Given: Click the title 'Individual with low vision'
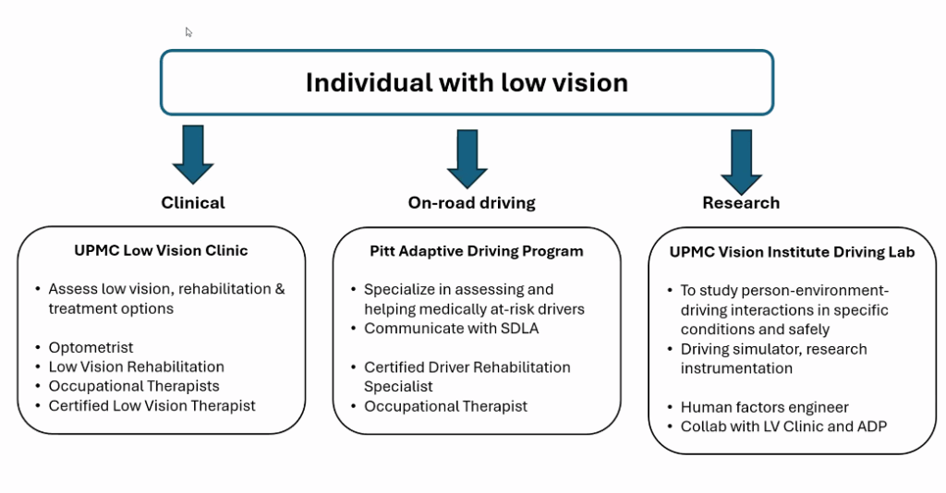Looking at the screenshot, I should pyautogui.click(x=467, y=82).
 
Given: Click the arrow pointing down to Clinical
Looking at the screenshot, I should pyautogui.click(x=193, y=156).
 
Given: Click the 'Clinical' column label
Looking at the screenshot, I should pyautogui.click(x=193, y=202).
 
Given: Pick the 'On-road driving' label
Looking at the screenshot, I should pyautogui.click(x=471, y=202).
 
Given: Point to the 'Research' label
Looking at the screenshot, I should pyautogui.click(x=741, y=202).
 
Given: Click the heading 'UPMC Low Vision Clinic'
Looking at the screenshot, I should pyautogui.click(x=161, y=250).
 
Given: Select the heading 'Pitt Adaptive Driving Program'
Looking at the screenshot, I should pyautogui.click(x=477, y=251).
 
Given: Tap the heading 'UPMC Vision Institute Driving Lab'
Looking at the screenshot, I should pyautogui.click(x=792, y=252).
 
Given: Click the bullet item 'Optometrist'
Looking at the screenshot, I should pyautogui.click(x=91, y=347).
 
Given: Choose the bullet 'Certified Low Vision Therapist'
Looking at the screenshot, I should pyautogui.click(x=152, y=405).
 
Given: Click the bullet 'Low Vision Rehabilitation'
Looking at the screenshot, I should pyautogui.click(x=136, y=367).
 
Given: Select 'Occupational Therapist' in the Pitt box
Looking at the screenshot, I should pyautogui.click(x=445, y=405).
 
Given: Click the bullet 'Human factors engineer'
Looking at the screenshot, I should pyautogui.click(x=764, y=407).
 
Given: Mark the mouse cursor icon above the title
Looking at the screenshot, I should pyautogui.click(x=189, y=32).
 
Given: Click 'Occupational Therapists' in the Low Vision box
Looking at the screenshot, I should pyautogui.click(x=134, y=386).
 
